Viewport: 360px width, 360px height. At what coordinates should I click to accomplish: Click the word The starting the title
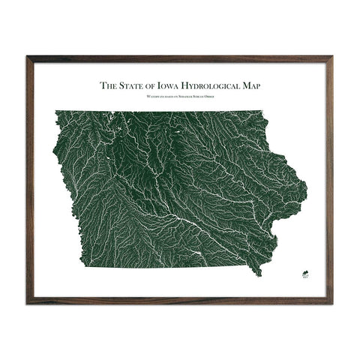pos(109,85)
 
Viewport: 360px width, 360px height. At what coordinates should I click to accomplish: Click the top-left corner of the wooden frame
pos(28,57)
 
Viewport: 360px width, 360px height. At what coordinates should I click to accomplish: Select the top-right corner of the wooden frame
pos(332,57)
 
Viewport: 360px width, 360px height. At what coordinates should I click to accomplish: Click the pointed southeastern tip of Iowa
pos(259,274)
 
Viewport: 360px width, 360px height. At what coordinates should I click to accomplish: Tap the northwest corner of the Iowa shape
pos(56,112)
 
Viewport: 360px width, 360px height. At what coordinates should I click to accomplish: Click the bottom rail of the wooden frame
pos(180,302)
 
